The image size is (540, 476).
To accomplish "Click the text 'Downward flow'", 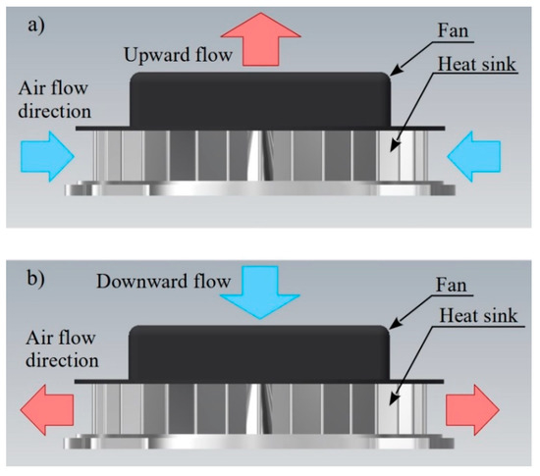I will coord(154,283).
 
